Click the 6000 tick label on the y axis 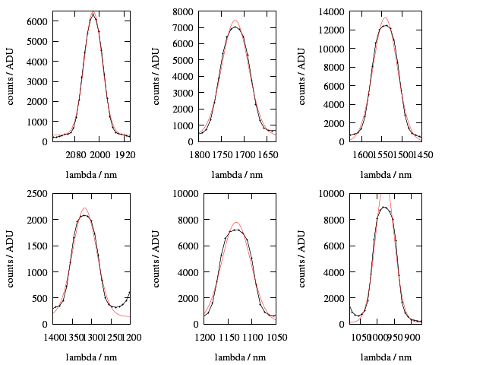click(37, 21)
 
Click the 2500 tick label click(37, 194)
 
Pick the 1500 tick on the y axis click(37, 246)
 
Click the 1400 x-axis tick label click(54, 336)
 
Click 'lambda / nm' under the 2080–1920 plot click(91, 175)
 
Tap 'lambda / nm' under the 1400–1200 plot click(91, 357)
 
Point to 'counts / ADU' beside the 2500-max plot click(11, 259)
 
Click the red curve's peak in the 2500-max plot click(84, 208)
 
